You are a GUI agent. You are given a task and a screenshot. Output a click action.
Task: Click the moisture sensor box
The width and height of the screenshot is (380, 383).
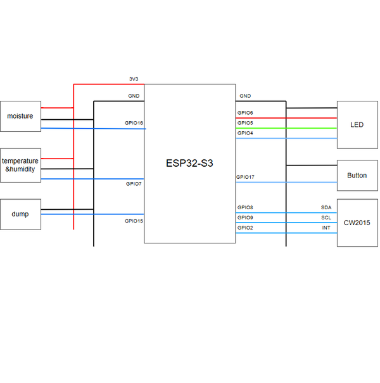[x=20, y=116]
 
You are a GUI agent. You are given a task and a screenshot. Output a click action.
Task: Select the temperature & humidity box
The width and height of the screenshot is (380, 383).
[x=20, y=166]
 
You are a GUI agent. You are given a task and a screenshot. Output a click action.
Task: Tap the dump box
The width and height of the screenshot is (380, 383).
[x=20, y=214]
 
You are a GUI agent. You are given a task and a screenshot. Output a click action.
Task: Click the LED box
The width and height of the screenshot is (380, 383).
[x=357, y=125]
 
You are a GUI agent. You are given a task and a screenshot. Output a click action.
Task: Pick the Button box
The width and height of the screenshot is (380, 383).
[x=357, y=176]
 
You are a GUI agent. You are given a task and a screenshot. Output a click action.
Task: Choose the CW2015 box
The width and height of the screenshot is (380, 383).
[x=357, y=223]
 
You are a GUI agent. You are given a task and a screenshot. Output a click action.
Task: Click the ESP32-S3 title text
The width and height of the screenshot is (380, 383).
[x=189, y=163]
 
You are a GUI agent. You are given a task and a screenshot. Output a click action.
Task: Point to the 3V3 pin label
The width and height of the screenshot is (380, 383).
[x=134, y=79]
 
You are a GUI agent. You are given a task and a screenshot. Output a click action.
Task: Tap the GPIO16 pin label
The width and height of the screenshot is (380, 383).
[x=134, y=123]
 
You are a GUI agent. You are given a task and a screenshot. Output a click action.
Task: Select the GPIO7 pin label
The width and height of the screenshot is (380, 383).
[x=134, y=184]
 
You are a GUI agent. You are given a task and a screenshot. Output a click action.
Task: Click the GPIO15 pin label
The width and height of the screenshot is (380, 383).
[x=134, y=221]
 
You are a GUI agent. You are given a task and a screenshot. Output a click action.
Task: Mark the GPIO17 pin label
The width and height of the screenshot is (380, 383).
[x=245, y=177]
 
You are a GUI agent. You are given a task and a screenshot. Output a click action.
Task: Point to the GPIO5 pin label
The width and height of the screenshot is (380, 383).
[x=245, y=123]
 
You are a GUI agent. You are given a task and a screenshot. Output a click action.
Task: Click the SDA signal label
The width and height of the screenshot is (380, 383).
[x=326, y=207]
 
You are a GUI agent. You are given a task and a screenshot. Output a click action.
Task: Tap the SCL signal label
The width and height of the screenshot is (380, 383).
[x=326, y=217]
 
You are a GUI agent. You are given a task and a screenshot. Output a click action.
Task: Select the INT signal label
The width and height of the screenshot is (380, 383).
[x=326, y=228]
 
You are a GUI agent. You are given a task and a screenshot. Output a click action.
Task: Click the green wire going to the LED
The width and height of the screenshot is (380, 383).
[x=286, y=128]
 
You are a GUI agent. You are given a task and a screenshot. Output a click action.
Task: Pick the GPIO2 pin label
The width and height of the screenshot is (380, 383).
[x=245, y=228]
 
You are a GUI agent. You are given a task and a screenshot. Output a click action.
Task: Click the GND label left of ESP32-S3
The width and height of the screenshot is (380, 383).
[x=134, y=96]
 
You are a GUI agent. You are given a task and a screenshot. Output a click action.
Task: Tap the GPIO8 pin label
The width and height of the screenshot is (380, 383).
[x=245, y=207]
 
